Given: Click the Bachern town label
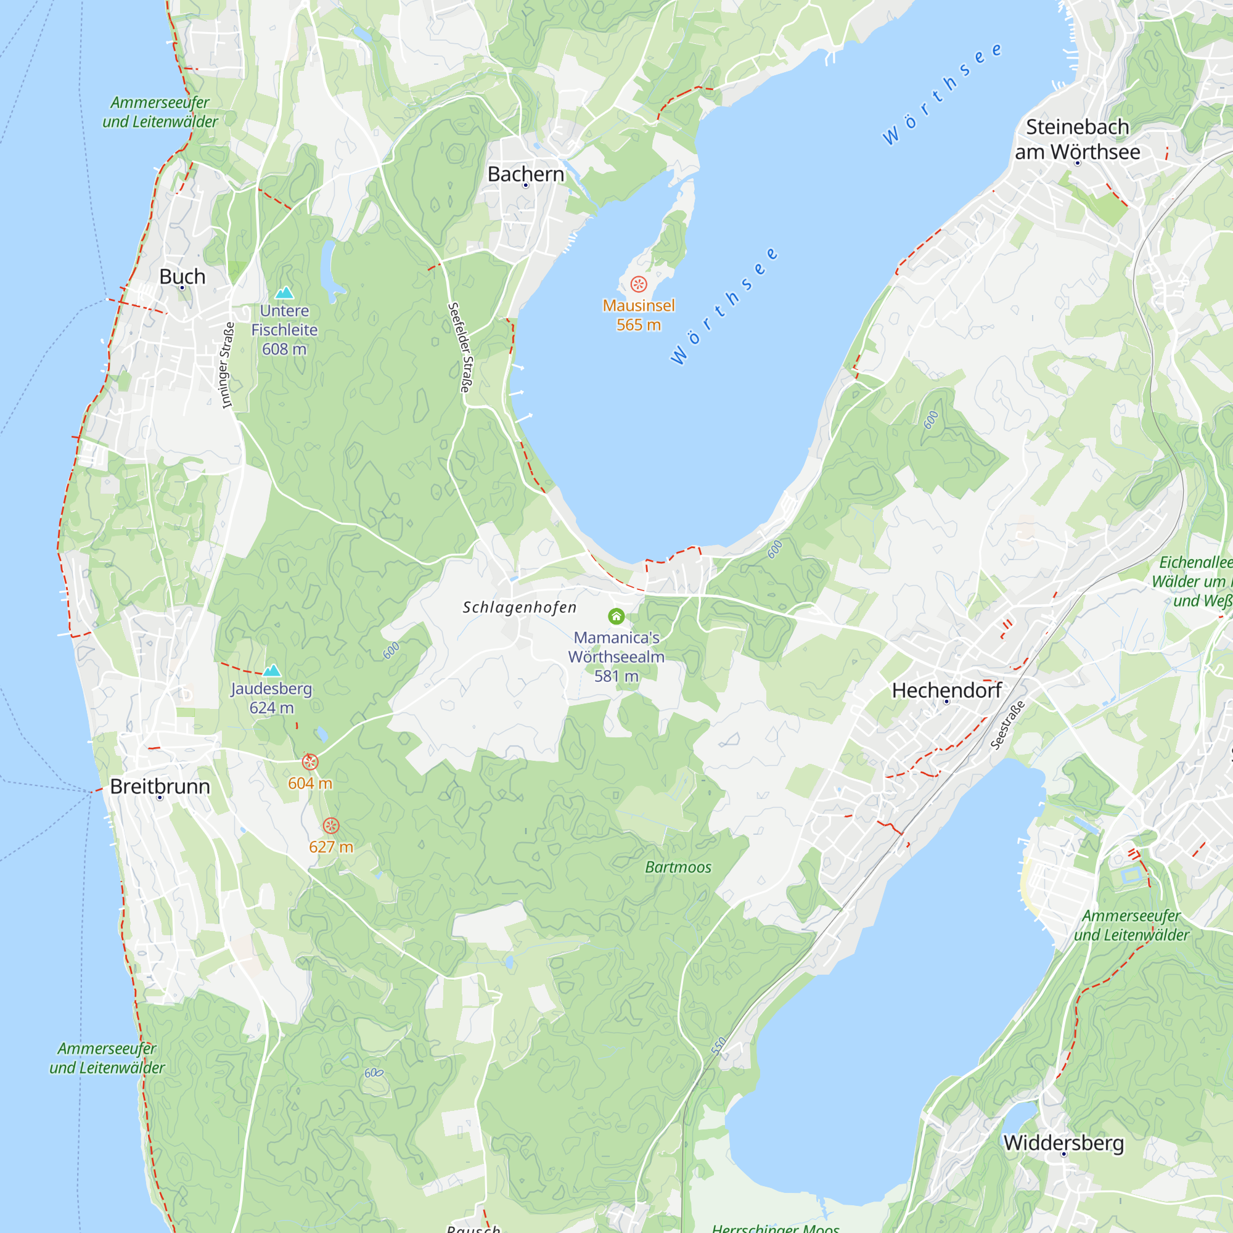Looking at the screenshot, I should tap(525, 174).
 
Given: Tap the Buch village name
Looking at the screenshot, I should tap(182, 276).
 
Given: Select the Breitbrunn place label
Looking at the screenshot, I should tap(160, 786).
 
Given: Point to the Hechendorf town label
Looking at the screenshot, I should tap(946, 690).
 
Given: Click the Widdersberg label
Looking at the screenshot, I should tap(1063, 1142).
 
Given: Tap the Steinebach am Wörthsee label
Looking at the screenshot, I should tap(1077, 139).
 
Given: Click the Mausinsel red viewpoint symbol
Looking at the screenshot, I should tap(638, 284).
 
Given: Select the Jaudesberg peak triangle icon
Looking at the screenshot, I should tap(272, 670).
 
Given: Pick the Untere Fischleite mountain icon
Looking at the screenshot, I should tap(284, 292).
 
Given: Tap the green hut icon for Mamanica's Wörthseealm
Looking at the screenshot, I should tap(616, 616).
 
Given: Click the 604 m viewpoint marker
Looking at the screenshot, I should tap(309, 762).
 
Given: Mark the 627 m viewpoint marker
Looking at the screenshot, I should tap(330, 826).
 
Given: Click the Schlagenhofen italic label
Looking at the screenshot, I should tap(520, 607).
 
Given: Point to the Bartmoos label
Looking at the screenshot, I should tap(678, 867).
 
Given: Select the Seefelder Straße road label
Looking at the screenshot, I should tap(460, 347).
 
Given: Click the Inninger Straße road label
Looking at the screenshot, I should tap(226, 365).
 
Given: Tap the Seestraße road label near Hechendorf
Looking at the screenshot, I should tap(1008, 724).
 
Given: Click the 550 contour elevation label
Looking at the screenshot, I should tap(719, 1046).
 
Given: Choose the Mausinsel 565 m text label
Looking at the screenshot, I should tap(638, 315).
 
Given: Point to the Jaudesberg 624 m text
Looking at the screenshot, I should tap(271, 698).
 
